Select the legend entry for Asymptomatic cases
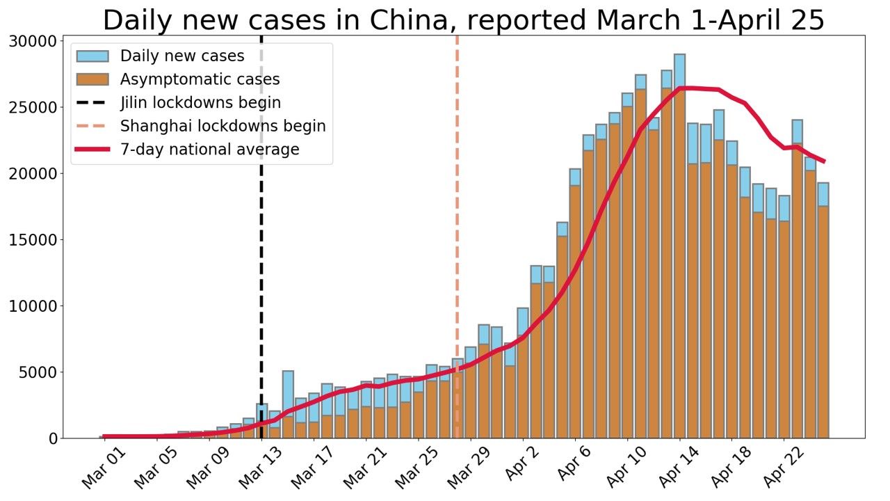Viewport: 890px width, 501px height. (x=200, y=79)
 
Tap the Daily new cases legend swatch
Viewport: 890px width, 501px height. (x=92, y=56)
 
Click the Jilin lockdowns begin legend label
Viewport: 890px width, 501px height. (x=200, y=103)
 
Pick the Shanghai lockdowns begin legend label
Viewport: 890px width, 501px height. (x=222, y=127)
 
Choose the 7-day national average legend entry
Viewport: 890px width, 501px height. (x=209, y=150)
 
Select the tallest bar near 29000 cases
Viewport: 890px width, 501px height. (x=679, y=244)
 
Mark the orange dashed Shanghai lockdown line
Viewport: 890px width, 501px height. (x=457, y=209)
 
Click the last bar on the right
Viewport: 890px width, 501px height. (x=823, y=313)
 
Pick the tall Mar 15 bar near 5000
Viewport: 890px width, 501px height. (x=288, y=404)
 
